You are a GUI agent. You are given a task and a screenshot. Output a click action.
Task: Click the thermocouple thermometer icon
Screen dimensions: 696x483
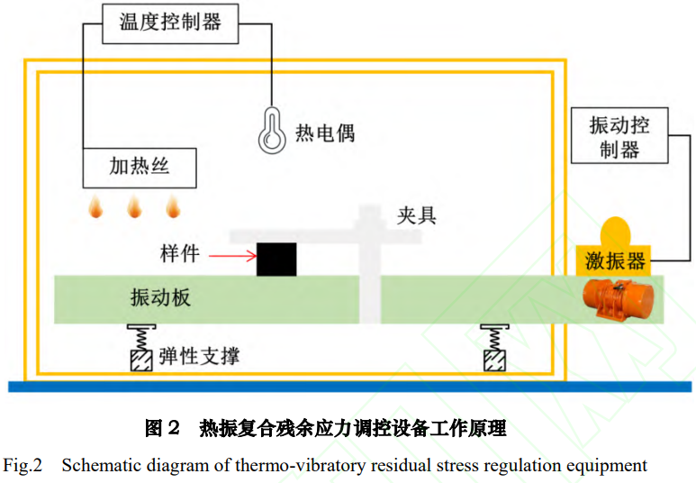(272, 130)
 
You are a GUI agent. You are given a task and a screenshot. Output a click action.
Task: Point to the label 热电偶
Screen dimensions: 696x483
(325, 132)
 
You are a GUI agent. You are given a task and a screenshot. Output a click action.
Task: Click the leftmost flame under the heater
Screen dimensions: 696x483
(95, 206)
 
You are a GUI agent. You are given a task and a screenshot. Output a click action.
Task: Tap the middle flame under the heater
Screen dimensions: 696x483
(134, 206)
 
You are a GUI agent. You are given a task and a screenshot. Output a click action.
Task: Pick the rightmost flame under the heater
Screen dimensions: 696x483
(173, 206)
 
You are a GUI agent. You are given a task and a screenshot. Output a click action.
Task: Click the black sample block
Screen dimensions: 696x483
(276, 259)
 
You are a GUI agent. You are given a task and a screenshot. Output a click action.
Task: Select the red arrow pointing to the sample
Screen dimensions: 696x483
(232, 256)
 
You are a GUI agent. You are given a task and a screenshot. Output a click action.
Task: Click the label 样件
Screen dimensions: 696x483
(180, 254)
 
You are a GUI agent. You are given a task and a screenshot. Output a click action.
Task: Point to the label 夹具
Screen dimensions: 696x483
(416, 216)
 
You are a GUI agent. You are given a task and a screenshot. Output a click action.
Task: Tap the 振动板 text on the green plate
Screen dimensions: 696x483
(160, 297)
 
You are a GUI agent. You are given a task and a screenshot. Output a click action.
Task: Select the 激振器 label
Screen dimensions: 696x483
(615, 260)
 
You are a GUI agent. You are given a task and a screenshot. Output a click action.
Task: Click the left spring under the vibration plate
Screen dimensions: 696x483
(141, 339)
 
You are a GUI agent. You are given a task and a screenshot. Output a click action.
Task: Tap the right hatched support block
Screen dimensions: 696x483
(494, 360)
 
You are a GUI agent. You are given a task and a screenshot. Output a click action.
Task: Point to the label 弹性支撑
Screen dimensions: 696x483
(199, 356)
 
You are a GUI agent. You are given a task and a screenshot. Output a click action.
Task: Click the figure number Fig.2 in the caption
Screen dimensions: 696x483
(23, 466)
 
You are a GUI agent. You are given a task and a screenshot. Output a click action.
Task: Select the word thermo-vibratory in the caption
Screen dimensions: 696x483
(301, 466)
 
